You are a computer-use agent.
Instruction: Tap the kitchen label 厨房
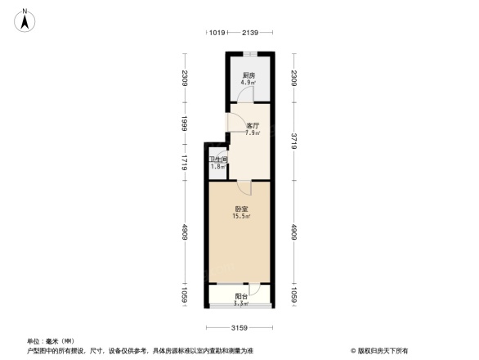248,74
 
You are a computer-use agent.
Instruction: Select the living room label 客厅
253,125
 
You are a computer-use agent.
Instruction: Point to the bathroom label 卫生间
217,160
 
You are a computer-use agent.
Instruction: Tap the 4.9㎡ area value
248,83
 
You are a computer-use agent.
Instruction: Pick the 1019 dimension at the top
216,33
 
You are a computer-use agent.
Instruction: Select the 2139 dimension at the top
250,33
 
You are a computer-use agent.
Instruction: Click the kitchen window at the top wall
250,55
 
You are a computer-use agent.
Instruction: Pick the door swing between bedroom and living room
255,187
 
